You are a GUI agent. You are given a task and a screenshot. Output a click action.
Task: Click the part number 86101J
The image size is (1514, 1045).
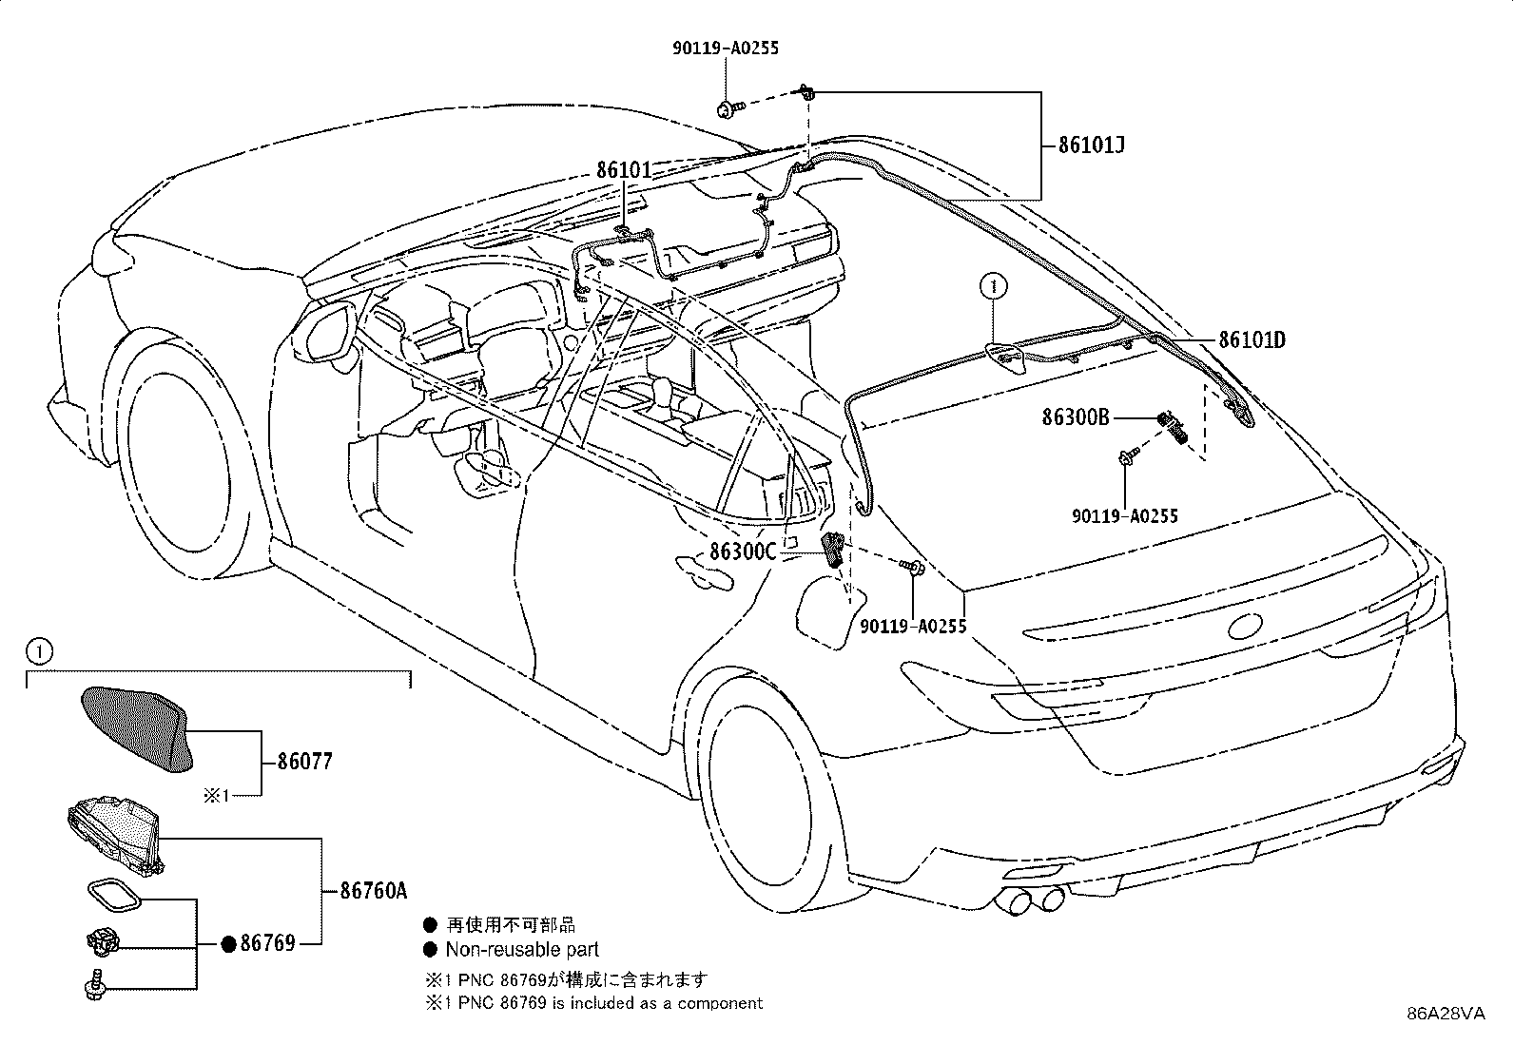coord(1092,145)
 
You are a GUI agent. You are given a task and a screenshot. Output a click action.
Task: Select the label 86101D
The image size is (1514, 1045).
coord(1252,339)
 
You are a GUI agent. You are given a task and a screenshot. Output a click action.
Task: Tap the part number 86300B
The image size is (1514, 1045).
coord(1075,416)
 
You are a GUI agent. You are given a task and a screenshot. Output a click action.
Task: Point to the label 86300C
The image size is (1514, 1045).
coord(743,552)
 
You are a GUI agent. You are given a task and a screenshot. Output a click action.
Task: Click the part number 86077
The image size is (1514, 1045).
coord(305,762)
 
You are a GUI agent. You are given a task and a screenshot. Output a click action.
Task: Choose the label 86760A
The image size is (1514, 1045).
coord(373,891)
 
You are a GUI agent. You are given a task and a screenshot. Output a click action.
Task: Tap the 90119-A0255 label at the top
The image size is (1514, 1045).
coord(727,48)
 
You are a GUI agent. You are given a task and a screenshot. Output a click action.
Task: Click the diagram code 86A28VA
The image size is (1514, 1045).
coord(1446,1014)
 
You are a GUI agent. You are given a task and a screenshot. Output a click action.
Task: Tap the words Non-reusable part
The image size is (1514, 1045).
coord(522,949)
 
